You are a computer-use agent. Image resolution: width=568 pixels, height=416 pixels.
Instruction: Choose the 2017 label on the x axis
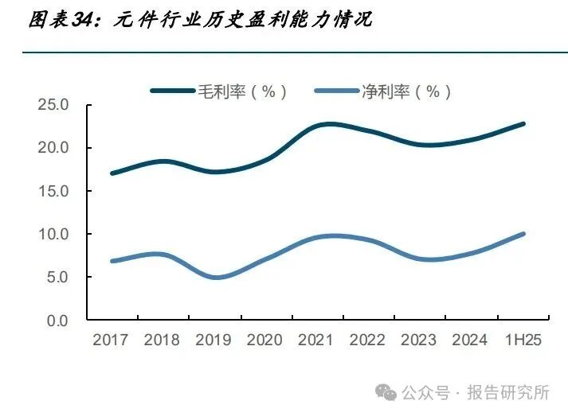point(111,340)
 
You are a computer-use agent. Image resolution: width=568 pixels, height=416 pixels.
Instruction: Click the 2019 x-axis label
point(213,340)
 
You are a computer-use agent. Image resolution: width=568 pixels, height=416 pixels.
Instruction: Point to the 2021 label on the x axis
point(316,340)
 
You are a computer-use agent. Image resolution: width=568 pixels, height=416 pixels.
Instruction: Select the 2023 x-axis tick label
point(419,340)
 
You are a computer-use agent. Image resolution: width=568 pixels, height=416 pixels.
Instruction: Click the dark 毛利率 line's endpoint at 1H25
point(523,124)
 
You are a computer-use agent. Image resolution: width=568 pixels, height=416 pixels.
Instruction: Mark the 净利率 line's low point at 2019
point(217,278)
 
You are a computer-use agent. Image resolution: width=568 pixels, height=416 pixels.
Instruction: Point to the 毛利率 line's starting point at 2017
point(112,173)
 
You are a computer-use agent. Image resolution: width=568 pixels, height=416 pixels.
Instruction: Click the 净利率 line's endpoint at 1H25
point(523,234)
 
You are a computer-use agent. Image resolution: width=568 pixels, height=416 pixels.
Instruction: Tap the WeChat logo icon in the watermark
point(386,393)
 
